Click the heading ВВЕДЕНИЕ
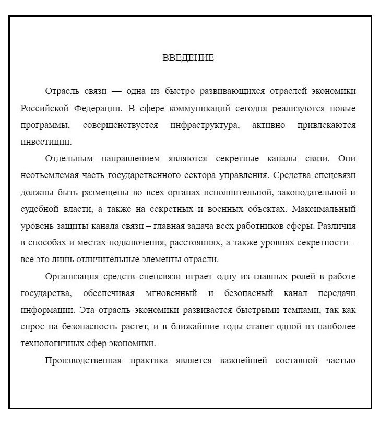click(x=188, y=57)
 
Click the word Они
click(x=347, y=158)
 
